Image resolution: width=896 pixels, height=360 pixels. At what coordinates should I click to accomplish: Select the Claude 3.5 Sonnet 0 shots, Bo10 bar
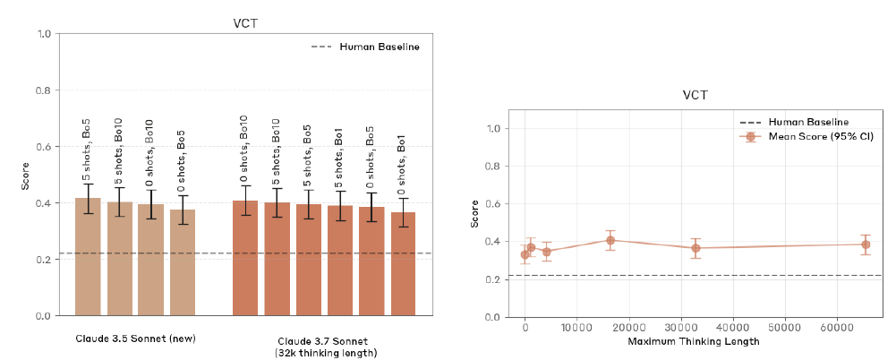tap(151, 261)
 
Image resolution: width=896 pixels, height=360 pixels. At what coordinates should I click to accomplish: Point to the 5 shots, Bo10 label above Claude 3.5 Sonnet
tap(119, 149)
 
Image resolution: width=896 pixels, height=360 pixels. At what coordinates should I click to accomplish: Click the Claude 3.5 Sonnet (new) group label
tap(135, 339)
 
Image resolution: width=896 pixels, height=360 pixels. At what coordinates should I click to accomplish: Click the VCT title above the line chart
tap(695, 95)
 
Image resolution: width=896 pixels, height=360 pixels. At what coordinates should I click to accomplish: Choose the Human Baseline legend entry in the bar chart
tap(379, 47)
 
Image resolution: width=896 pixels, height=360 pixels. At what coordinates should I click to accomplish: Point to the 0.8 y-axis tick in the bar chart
tap(42, 90)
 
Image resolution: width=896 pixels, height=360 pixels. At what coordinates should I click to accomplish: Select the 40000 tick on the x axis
tap(733, 329)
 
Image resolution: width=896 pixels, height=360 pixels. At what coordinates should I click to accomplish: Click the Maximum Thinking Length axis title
tap(695, 341)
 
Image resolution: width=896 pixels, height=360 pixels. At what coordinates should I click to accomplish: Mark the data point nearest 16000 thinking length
tap(610, 240)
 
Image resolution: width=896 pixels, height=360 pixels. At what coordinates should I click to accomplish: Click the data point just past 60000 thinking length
tap(866, 244)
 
